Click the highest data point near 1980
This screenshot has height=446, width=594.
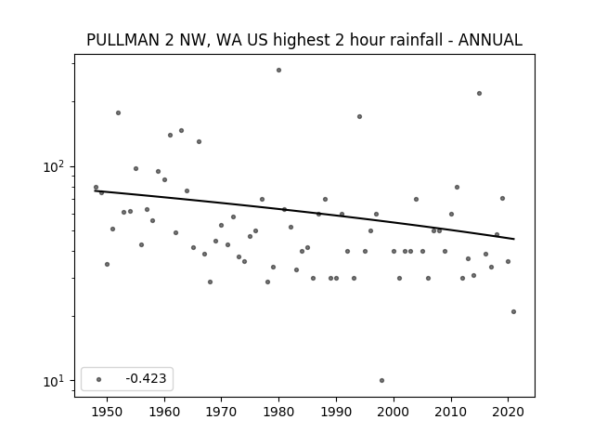pyautogui.click(x=278, y=71)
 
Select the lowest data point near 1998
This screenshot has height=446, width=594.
pyautogui.click(x=381, y=380)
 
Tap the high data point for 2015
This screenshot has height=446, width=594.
pyautogui.click(x=479, y=93)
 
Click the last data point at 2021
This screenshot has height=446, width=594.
pyautogui.click(x=513, y=312)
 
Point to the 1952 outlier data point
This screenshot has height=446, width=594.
pyautogui.click(x=118, y=113)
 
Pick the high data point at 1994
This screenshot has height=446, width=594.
pyautogui.click(x=359, y=116)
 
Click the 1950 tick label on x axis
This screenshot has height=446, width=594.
pyautogui.click(x=108, y=412)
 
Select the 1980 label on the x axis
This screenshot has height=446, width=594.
pyautogui.click(x=278, y=412)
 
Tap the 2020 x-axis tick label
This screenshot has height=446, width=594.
pyautogui.click(x=508, y=412)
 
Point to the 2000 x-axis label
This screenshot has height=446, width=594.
pyautogui.click(x=394, y=412)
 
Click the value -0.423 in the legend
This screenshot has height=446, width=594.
pyautogui.click(x=146, y=378)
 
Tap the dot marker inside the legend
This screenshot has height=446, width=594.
pyautogui.click(x=99, y=379)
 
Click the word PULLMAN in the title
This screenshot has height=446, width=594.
pyautogui.click(x=123, y=40)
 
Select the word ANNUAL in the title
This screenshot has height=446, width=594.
pyautogui.click(x=490, y=40)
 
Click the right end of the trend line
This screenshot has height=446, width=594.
pyautogui.click(x=514, y=239)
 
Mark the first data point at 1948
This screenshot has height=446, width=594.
pyautogui.click(x=96, y=188)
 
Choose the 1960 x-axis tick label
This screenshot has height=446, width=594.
pyautogui.click(x=164, y=412)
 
